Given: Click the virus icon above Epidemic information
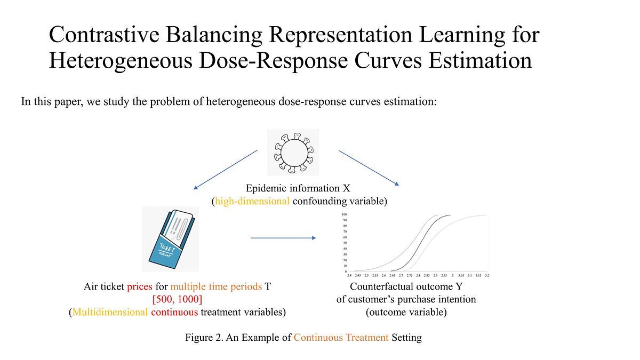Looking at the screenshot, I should pyautogui.click(x=293, y=152).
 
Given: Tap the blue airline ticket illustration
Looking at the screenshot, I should pyautogui.click(x=171, y=239).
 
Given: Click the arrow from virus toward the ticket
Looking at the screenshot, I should pyautogui.click(x=225, y=169).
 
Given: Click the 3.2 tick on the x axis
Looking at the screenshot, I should pyautogui.click(x=486, y=275).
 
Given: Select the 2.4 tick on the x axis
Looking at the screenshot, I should pyautogui.click(x=349, y=275).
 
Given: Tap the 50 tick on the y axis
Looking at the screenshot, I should pyautogui.click(x=345, y=243).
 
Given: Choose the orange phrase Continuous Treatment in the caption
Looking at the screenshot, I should pyautogui.click(x=341, y=338).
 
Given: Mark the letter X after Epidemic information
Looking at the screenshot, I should pyautogui.click(x=347, y=188).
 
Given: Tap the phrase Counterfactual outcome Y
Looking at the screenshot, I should pyautogui.click(x=406, y=286).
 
